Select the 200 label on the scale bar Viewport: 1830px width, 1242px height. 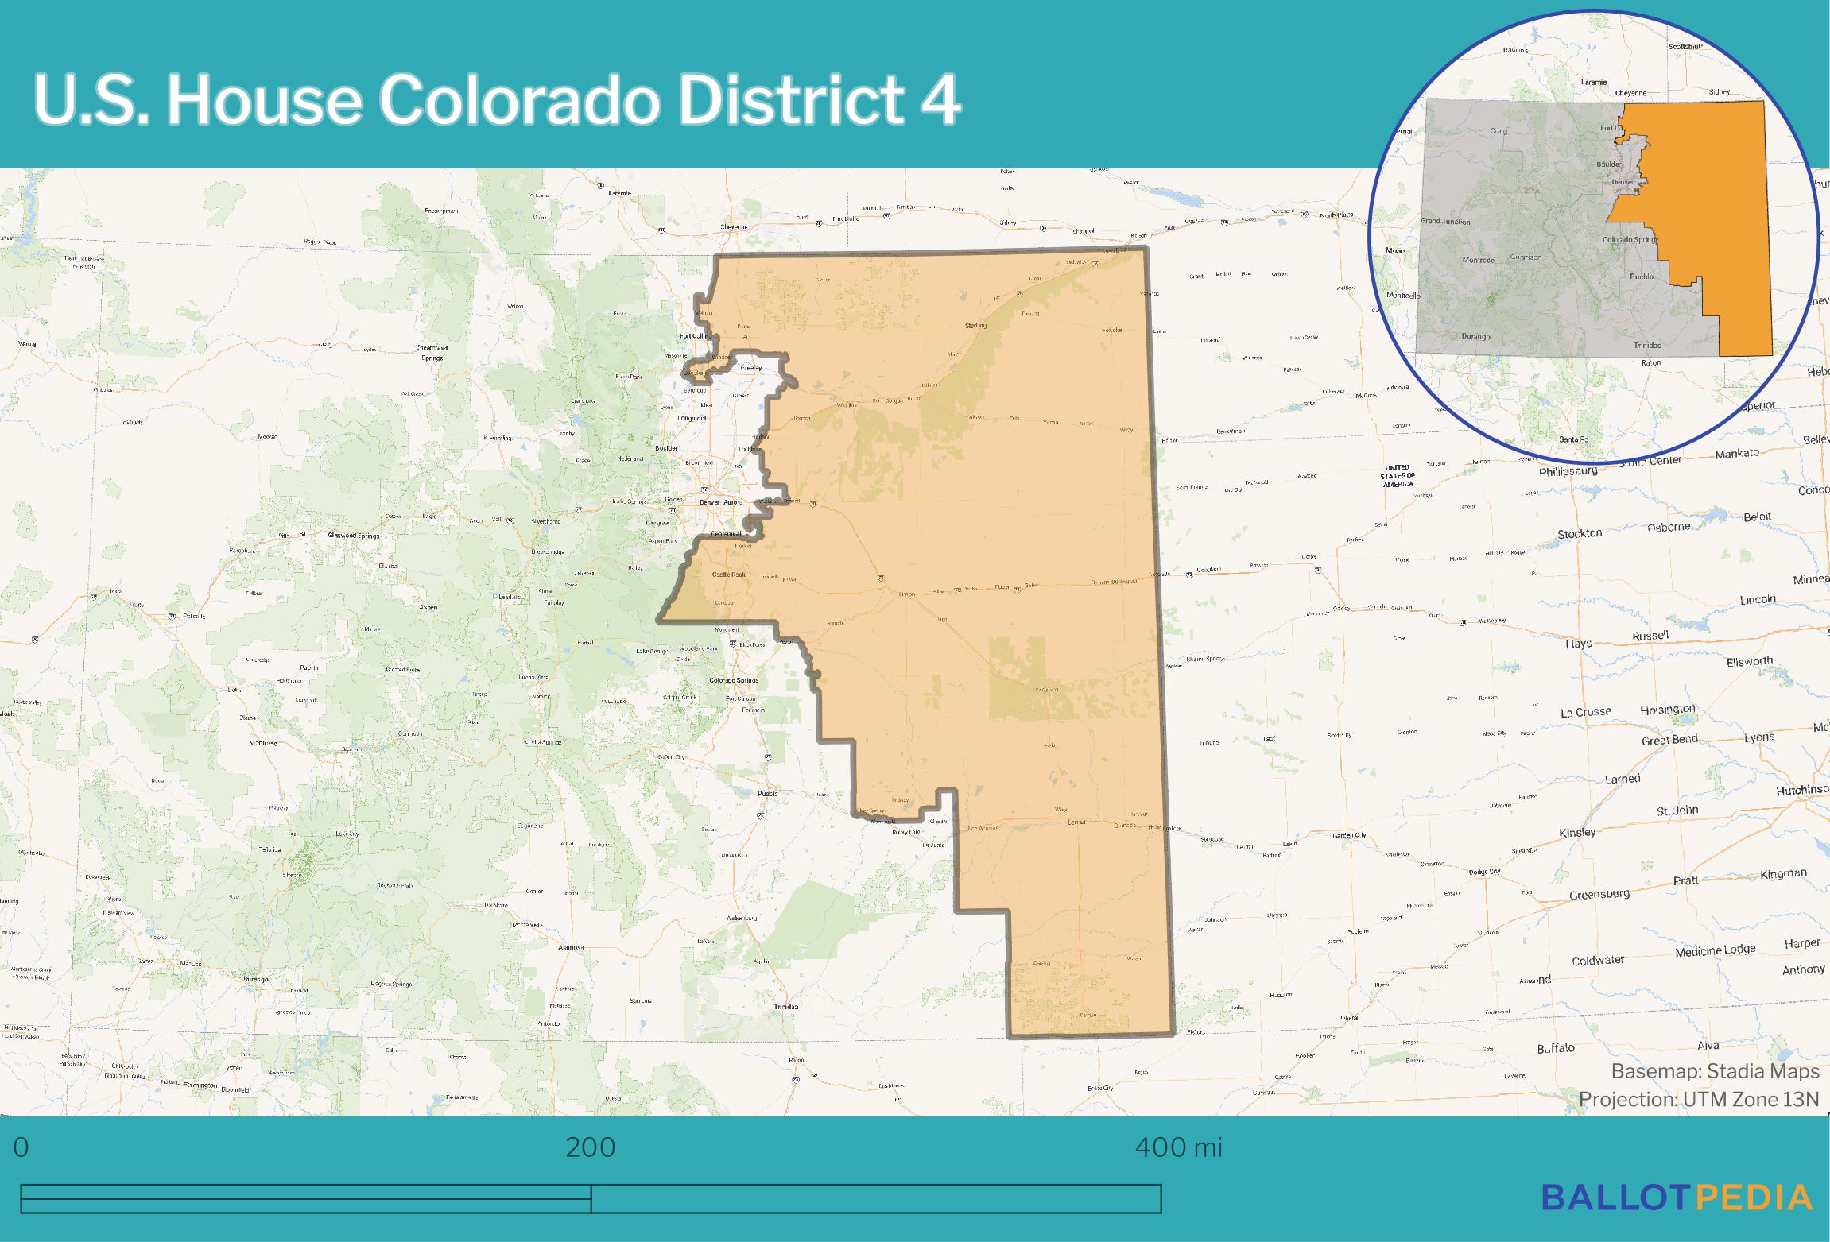click(590, 1147)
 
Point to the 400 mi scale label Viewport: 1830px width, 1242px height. click(1178, 1147)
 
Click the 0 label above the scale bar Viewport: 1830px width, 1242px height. click(21, 1147)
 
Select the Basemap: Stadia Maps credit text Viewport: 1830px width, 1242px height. click(1715, 1071)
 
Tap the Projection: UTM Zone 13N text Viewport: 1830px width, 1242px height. click(1698, 1099)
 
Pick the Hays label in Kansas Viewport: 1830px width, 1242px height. click(1578, 644)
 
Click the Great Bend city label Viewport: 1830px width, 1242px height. click(1669, 740)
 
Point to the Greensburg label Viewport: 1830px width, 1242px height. click(1599, 895)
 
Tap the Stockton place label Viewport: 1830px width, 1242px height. click(1580, 534)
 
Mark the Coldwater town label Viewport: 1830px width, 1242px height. click(1598, 960)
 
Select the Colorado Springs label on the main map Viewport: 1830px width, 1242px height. click(733, 680)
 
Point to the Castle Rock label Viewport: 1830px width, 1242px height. click(728, 574)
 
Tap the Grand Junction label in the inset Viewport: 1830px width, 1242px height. click(1445, 222)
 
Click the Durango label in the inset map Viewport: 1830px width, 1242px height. click(1475, 336)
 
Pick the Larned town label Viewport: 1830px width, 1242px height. click(1622, 779)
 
